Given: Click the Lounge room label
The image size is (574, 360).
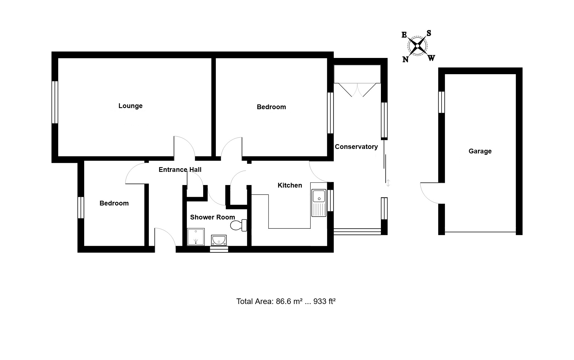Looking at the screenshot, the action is click(130, 106).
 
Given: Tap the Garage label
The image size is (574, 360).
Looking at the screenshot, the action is click(480, 151).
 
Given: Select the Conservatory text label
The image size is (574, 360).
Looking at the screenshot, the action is click(356, 147).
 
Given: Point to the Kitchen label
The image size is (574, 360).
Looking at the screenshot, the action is click(290, 185).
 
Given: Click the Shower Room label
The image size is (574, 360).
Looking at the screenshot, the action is click(212, 217).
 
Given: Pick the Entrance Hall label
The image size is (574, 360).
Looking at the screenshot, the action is click(180, 170).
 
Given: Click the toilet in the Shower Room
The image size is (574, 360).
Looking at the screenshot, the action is click(238, 225).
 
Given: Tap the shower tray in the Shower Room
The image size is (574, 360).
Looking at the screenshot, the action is click(196, 237).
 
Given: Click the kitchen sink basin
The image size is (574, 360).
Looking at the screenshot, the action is click(319, 196).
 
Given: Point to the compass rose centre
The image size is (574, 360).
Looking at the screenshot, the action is click(417, 46).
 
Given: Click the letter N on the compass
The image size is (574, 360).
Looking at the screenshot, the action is click(405, 59).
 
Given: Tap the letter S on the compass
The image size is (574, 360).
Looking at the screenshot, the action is click(428, 33).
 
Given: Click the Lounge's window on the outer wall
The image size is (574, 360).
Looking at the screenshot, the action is click(55, 102).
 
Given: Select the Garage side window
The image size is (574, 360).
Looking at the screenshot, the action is click(441, 102).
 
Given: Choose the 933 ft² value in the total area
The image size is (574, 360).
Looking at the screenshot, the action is click(324, 301).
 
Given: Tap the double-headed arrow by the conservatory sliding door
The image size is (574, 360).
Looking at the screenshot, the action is click(388, 183).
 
